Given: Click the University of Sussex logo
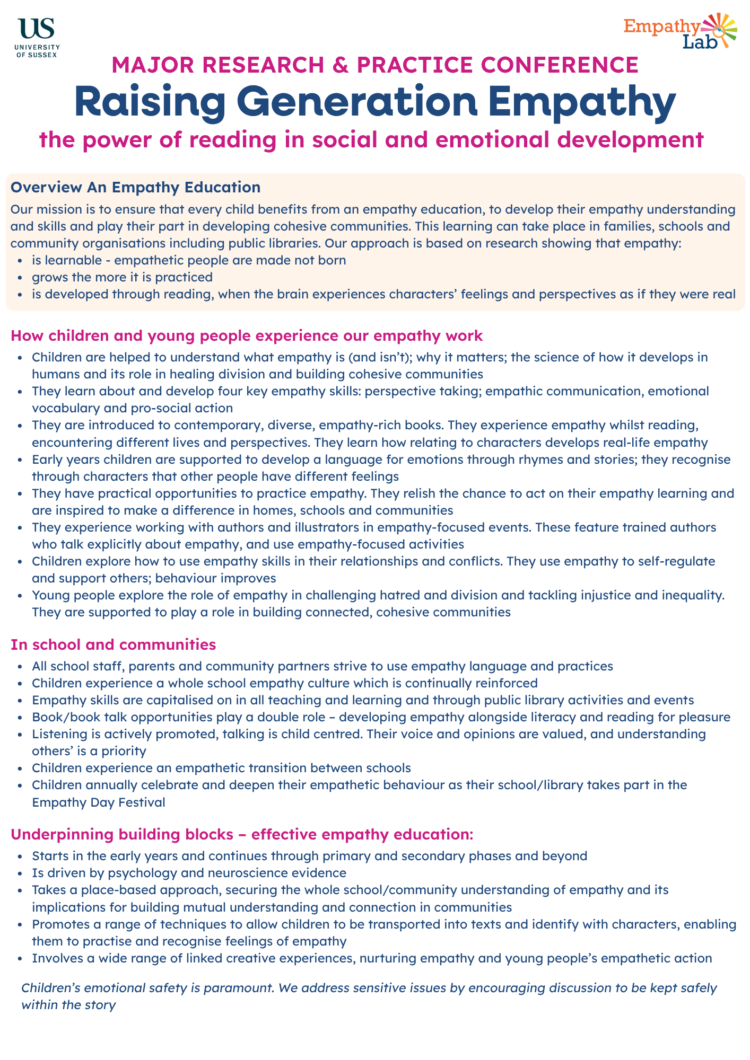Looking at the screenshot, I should coord(38,37).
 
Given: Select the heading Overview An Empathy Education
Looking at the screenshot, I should coord(135,187).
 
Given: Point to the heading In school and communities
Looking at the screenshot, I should coord(113,644).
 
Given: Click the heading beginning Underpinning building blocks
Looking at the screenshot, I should coord(241,834).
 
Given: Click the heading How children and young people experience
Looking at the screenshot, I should coord(247,335).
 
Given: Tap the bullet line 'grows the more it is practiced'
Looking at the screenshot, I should coord(122,277).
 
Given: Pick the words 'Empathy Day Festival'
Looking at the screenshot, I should coord(98,802).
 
